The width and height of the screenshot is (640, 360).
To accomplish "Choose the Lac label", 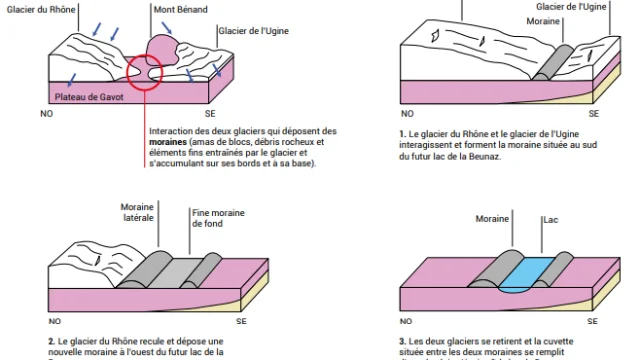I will [x=551, y=217].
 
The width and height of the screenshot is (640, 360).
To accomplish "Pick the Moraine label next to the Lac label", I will [x=491, y=217].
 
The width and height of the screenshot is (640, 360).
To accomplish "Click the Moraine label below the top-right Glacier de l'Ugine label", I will [x=543, y=21].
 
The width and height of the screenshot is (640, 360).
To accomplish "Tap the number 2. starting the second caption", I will [x=50, y=341].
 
